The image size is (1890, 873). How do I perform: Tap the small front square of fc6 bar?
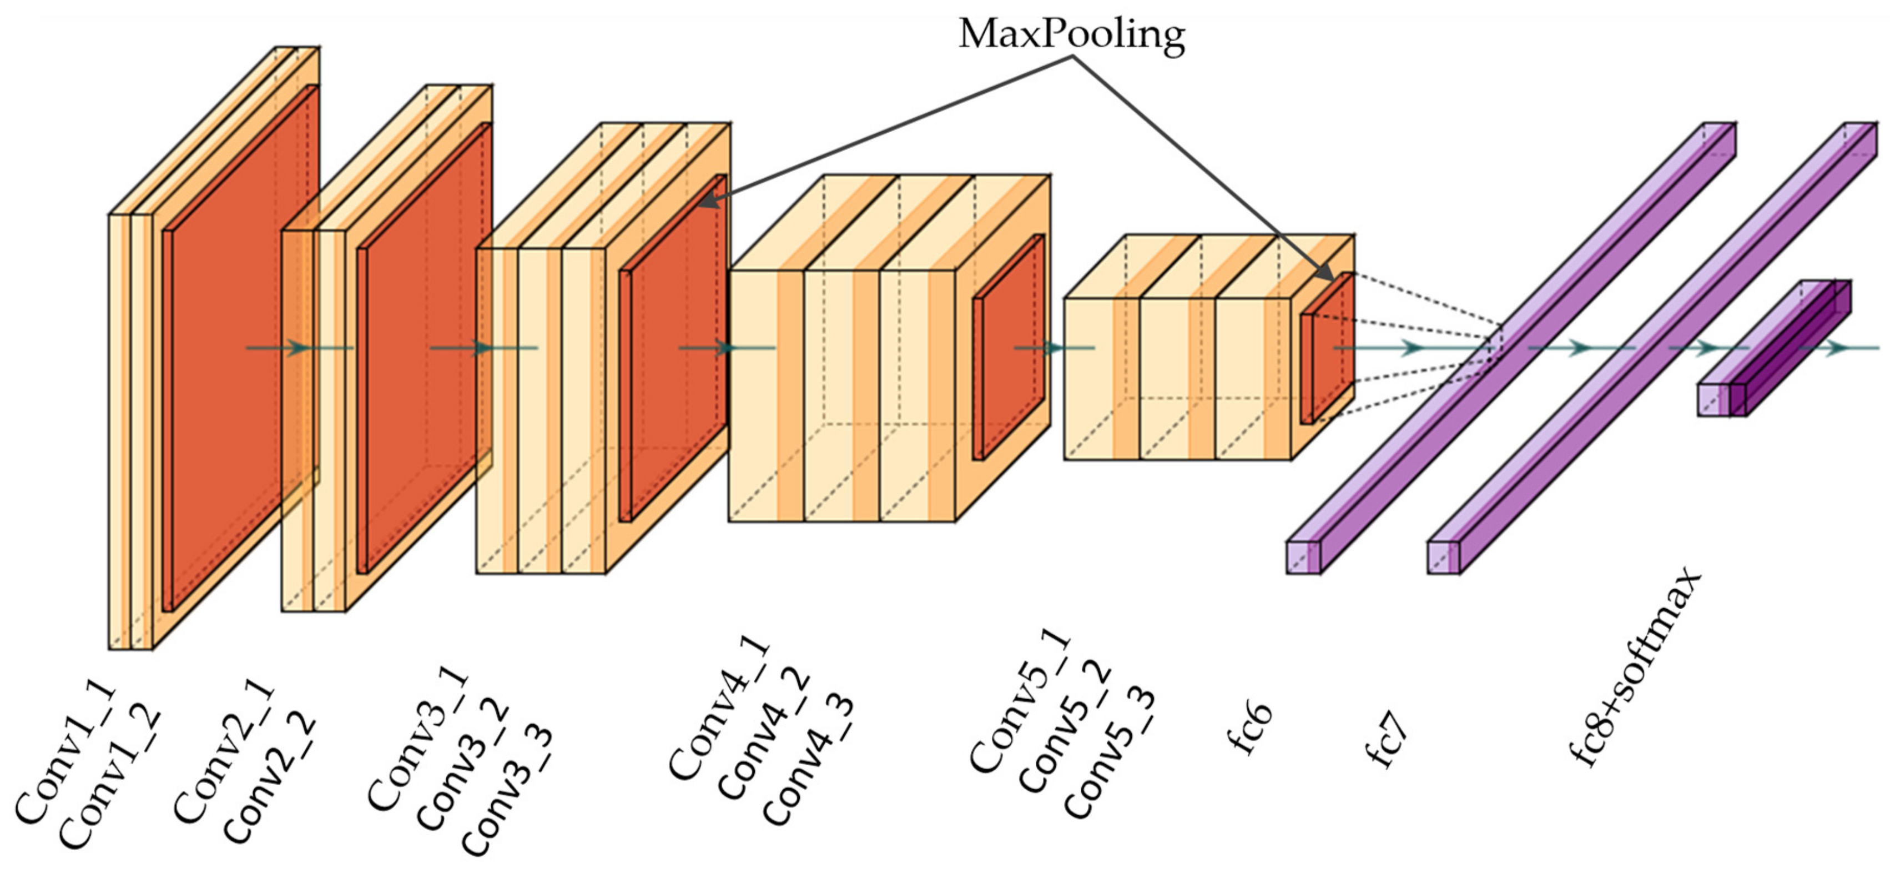(1302, 557)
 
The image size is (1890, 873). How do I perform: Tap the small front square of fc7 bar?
(1443, 557)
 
